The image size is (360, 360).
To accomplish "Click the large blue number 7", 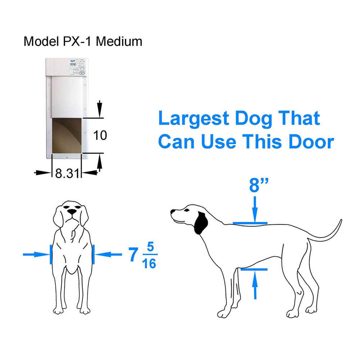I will pos(133,255).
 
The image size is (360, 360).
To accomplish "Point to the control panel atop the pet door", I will pos(76,67).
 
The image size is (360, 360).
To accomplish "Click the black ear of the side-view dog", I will pos(201,222).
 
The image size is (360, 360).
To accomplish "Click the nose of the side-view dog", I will pos(173,212).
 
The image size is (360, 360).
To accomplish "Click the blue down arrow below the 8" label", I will pos(255,209).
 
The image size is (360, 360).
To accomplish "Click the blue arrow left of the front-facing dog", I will pos(36,255).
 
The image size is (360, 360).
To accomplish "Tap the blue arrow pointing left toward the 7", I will pos(109,255).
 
